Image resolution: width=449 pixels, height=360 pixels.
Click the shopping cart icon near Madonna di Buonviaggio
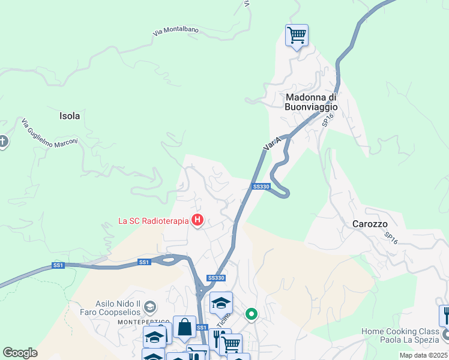point(297,36)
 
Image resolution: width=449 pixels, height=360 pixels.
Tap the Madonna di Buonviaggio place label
point(312,102)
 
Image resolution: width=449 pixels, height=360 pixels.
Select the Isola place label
point(70,116)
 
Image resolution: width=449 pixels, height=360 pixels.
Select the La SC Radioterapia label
point(153,221)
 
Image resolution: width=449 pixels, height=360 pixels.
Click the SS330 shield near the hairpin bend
point(261,187)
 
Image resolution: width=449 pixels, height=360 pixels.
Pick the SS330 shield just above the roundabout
point(215,278)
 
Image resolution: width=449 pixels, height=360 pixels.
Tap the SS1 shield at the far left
point(58,265)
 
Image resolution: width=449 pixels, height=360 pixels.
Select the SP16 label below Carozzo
point(391,238)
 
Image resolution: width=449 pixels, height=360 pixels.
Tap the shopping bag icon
point(184,328)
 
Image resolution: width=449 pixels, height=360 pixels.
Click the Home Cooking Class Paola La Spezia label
point(400,336)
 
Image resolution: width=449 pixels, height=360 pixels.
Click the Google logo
point(20,353)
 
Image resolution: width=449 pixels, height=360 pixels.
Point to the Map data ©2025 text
point(423,355)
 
